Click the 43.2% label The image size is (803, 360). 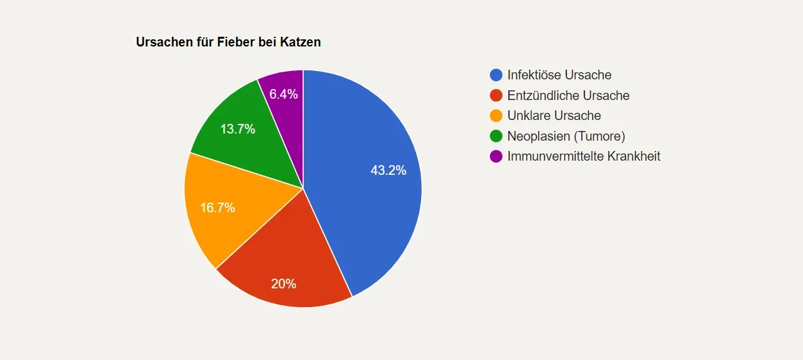tap(388, 171)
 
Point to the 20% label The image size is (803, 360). tap(283, 284)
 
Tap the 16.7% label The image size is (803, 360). tap(217, 208)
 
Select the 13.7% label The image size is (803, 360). tap(237, 129)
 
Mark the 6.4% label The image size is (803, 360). tap(283, 94)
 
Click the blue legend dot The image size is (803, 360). tap(496, 75)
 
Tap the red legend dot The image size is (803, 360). tap(496, 95)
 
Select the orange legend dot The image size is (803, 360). tap(496, 115)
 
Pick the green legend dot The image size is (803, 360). tap(496, 136)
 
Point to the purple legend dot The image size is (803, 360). tap(496, 156)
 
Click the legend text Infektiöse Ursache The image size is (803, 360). tap(559, 75)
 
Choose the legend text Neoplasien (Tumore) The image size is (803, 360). tap(566, 136)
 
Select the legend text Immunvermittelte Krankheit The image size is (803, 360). tap(584, 156)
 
